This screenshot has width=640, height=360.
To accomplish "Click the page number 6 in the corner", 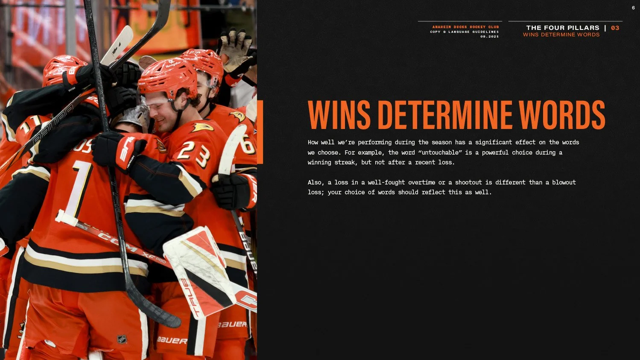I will coord(633,8).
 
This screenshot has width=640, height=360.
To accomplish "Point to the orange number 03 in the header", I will coord(615,28).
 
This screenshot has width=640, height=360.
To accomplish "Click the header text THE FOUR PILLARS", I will coord(563,28).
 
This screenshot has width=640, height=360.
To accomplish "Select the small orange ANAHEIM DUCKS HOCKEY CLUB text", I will coord(465,27).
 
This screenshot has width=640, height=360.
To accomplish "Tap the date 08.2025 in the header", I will coord(489,37).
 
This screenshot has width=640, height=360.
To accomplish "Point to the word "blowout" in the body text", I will coord(564,182).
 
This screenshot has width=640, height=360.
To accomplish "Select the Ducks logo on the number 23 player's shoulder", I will coord(202,127).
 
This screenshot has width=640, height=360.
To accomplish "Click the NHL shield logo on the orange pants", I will coord(122,340).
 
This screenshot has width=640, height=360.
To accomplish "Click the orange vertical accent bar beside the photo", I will coord(260,132).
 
